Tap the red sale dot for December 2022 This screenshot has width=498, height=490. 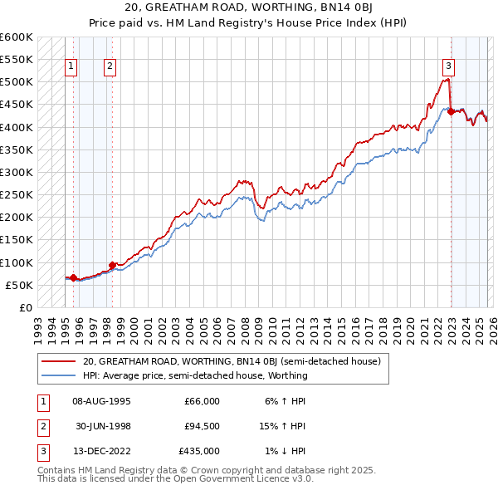(x=451, y=112)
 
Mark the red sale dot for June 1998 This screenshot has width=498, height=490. (x=112, y=265)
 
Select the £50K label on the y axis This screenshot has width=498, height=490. (x=19, y=285)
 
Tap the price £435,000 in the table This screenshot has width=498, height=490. (x=200, y=451)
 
